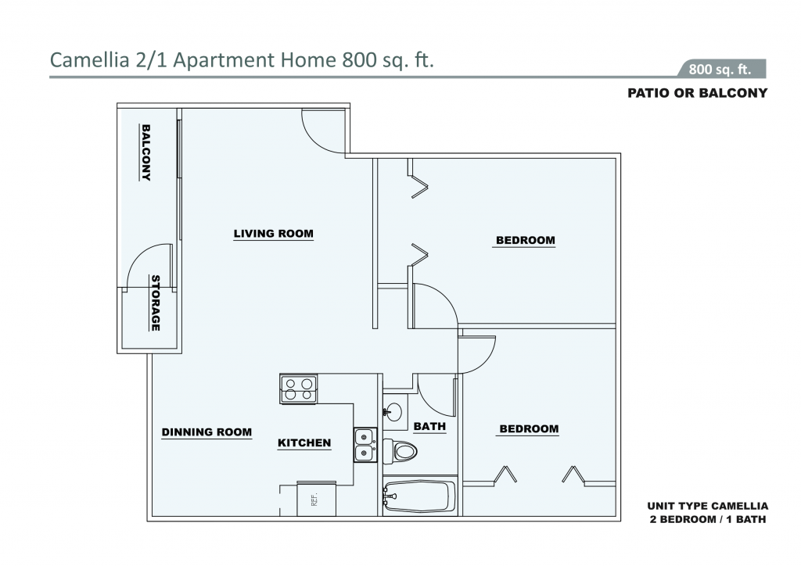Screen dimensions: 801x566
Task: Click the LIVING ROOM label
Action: pyautogui.click(x=273, y=234)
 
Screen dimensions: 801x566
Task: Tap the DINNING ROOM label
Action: pyautogui.click(x=207, y=432)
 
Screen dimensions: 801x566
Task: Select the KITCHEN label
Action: pyautogui.click(x=304, y=443)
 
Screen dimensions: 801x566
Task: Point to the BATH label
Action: pyautogui.click(x=429, y=426)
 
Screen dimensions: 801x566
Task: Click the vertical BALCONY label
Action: pyautogui.click(x=145, y=152)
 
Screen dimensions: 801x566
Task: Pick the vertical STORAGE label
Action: pyautogui.click(x=156, y=303)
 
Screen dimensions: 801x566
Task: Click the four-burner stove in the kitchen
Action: pyautogui.click(x=298, y=389)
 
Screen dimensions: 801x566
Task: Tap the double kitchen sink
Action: pyautogui.click(x=365, y=445)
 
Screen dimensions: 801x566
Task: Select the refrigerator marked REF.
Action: pyautogui.click(x=316, y=499)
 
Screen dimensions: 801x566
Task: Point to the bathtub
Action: pyautogui.click(x=419, y=496)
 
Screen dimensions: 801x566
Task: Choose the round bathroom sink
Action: pyautogui.click(x=393, y=411)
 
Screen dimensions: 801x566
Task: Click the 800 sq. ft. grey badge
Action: pyautogui.click(x=721, y=69)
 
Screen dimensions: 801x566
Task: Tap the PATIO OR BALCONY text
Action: pyautogui.click(x=697, y=93)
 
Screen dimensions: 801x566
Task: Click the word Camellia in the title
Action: pyautogui.click(x=89, y=60)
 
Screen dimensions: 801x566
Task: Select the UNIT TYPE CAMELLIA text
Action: pyautogui.click(x=707, y=507)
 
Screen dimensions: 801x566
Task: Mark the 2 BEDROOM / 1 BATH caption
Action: pyautogui.click(x=707, y=520)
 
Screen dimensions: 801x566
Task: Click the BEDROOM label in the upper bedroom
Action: pyautogui.click(x=525, y=240)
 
